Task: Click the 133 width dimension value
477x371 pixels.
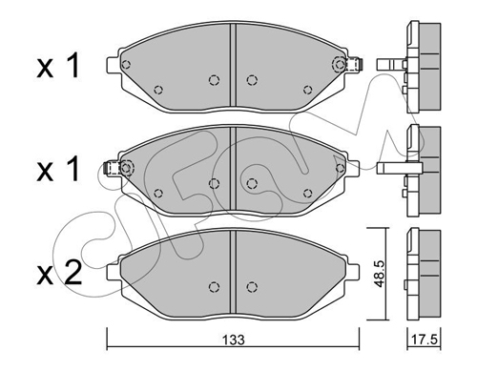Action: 234,340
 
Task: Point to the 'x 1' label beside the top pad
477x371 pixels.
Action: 57,66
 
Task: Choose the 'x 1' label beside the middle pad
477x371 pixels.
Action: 57,170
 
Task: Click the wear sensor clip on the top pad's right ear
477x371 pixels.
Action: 355,65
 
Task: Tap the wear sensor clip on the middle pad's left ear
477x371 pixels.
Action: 113,168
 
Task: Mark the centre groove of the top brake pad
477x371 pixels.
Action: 233,66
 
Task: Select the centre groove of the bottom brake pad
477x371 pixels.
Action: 233,272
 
